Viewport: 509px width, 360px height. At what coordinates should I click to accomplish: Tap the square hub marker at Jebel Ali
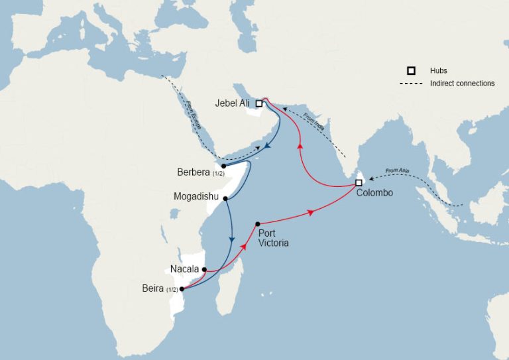click(260, 103)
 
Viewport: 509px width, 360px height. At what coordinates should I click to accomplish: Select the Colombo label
click(374, 193)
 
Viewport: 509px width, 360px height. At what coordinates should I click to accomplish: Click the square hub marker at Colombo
click(359, 182)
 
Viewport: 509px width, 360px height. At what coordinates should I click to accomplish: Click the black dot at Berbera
click(224, 166)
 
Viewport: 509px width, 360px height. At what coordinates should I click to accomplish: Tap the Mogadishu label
click(196, 197)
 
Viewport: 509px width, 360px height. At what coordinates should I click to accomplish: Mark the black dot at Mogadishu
click(226, 198)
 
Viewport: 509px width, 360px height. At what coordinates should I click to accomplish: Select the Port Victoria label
click(274, 237)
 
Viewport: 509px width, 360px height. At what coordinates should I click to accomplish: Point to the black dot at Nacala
click(204, 269)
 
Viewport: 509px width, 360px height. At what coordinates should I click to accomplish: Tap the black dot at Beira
click(182, 288)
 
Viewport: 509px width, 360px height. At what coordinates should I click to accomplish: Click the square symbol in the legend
click(412, 70)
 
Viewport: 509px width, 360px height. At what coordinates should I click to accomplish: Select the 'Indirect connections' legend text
click(462, 84)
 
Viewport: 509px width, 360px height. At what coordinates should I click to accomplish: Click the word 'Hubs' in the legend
click(438, 70)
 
